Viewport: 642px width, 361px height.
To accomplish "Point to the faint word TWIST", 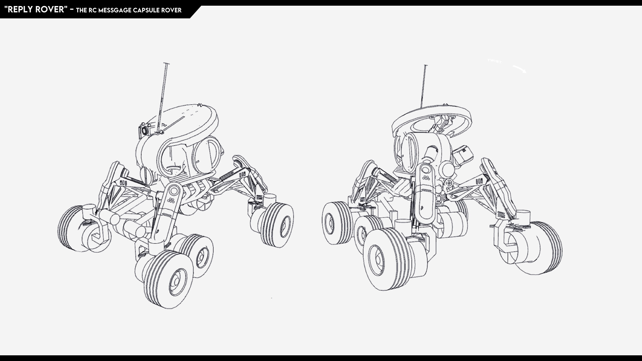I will pos(495,61).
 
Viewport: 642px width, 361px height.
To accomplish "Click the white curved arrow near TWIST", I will pos(519,69).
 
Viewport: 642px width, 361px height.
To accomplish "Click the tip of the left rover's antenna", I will pos(166,64).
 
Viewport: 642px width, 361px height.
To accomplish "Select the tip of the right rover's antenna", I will pos(425,66).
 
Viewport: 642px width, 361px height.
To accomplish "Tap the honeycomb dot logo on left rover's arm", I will pos(171,201).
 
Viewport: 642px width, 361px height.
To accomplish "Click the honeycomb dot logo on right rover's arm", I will pos(426,177).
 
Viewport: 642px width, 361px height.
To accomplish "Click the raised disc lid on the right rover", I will pos(431,119).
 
